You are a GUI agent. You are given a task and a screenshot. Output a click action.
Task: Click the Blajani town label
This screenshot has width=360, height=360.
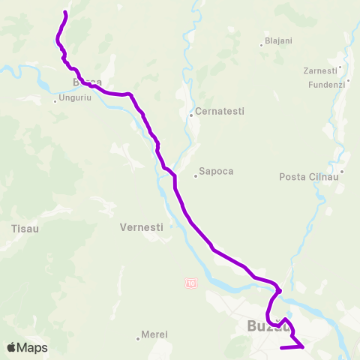point(278,41)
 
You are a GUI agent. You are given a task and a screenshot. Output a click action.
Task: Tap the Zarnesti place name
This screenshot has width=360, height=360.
point(319,70)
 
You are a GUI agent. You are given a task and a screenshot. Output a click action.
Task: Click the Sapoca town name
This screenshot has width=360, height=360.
point(216,171)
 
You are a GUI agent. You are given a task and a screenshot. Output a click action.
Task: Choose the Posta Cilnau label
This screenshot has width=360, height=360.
point(308,176)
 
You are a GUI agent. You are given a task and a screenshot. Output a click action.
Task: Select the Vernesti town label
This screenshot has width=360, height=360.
point(140,226)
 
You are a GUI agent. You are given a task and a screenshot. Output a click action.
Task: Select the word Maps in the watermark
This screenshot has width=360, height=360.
point(34,347)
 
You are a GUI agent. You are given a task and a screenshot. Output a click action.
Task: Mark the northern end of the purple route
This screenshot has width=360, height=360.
point(66,13)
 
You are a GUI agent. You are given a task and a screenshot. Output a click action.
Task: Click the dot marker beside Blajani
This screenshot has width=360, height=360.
point(261,44)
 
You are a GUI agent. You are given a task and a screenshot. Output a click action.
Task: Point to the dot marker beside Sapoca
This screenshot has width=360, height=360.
point(195,176)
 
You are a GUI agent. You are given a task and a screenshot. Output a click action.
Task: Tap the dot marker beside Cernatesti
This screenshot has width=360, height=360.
point(191,115)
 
